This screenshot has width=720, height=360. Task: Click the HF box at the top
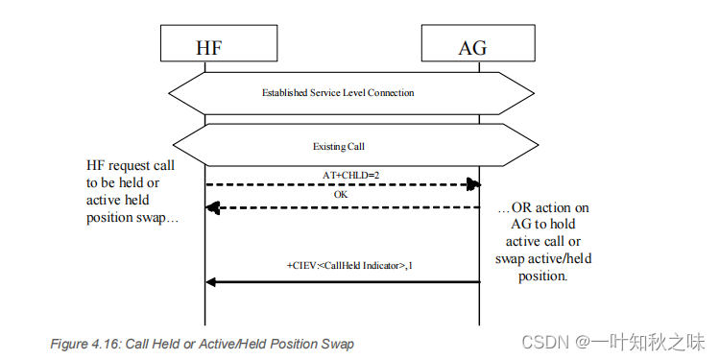click(205, 46)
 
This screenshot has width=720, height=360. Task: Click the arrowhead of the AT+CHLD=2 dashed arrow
click(473, 183)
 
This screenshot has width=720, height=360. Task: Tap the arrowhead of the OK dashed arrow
click(213, 206)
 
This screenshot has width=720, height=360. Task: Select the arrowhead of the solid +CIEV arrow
click(213, 281)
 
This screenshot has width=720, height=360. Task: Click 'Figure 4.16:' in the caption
click(84, 344)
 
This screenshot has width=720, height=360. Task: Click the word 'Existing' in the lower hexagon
click(328, 147)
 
